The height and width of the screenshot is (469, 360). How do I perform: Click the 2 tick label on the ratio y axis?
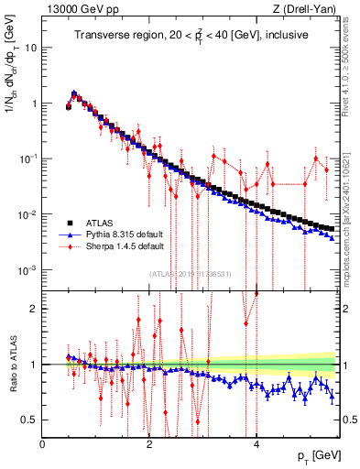35,309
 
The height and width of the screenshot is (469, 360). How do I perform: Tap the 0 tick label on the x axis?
43,444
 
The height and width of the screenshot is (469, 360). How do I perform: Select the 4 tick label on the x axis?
256,444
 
